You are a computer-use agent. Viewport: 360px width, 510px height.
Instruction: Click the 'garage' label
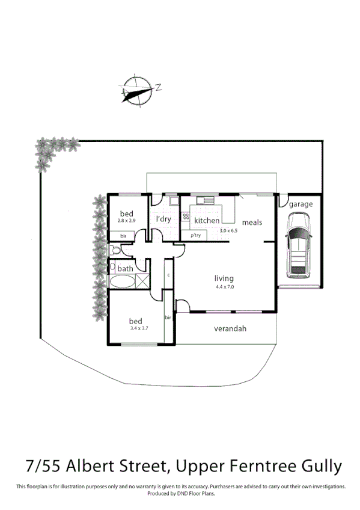click(x=301, y=204)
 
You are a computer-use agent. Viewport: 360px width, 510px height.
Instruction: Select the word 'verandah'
click(x=231, y=329)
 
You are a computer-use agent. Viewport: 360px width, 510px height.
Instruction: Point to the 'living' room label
click(x=224, y=278)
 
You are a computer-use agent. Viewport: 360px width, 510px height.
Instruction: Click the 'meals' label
click(x=252, y=223)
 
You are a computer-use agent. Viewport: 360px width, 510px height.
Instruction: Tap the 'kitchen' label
click(x=207, y=221)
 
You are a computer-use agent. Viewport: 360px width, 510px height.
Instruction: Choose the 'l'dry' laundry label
click(x=163, y=220)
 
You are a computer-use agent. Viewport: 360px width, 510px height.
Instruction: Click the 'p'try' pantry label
click(x=195, y=235)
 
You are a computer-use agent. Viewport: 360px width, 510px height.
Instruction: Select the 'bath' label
click(x=126, y=268)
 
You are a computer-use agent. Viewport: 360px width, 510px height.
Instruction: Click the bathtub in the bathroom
click(x=122, y=281)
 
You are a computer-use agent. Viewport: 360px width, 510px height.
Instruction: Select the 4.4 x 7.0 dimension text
click(x=224, y=287)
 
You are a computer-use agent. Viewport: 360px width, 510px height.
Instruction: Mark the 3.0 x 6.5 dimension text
click(x=229, y=231)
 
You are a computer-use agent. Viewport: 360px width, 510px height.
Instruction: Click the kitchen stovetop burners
click(x=186, y=216)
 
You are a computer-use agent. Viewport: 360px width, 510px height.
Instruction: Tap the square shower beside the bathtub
click(x=143, y=281)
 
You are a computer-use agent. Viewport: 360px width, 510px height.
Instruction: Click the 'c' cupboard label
click(x=168, y=274)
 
